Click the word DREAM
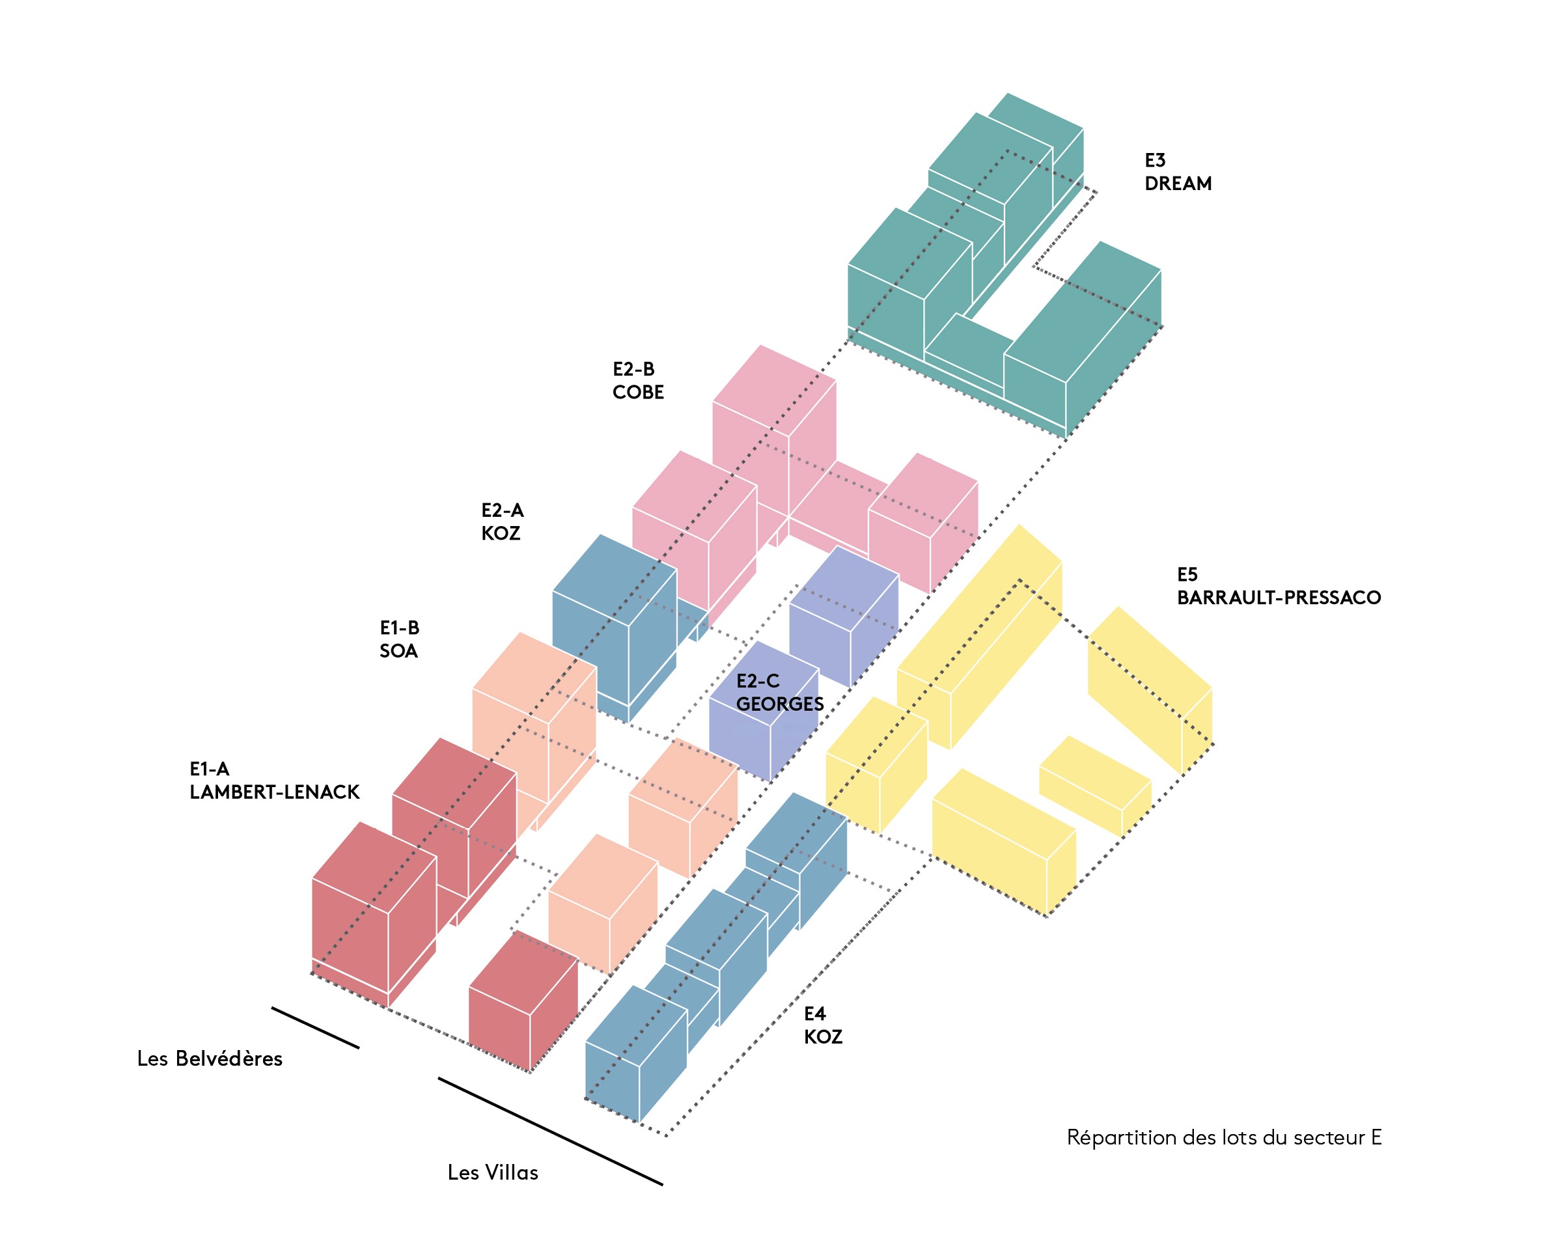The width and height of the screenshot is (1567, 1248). pyautogui.click(x=1178, y=184)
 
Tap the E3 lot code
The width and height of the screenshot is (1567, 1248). pyautogui.click(x=1155, y=160)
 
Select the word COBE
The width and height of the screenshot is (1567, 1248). pyautogui.click(x=637, y=393)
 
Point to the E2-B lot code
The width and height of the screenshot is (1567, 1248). pyautogui.click(x=633, y=369)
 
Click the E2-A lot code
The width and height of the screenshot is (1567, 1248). pyautogui.click(x=502, y=510)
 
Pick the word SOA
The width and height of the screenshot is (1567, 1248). pyautogui.click(x=398, y=650)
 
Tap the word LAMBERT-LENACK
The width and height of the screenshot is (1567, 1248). pyautogui.click(x=275, y=792)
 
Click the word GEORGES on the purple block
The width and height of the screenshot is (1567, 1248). pyautogui.click(x=779, y=704)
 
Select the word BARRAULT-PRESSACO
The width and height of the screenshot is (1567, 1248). pyautogui.click(x=1279, y=598)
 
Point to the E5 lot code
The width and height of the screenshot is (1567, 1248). pyautogui.click(x=1187, y=575)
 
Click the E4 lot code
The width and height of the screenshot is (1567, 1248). pyautogui.click(x=815, y=1014)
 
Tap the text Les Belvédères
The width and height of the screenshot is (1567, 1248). pyautogui.click(x=210, y=1059)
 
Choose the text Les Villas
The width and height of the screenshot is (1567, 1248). pyautogui.click(x=493, y=1172)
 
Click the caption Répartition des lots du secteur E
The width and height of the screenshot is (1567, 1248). pyautogui.click(x=1224, y=1137)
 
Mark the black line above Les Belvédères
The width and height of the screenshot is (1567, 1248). pyautogui.click(x=314, y=1028)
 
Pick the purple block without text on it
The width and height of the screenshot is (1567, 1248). pyautogui.click(x=843, y=618)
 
